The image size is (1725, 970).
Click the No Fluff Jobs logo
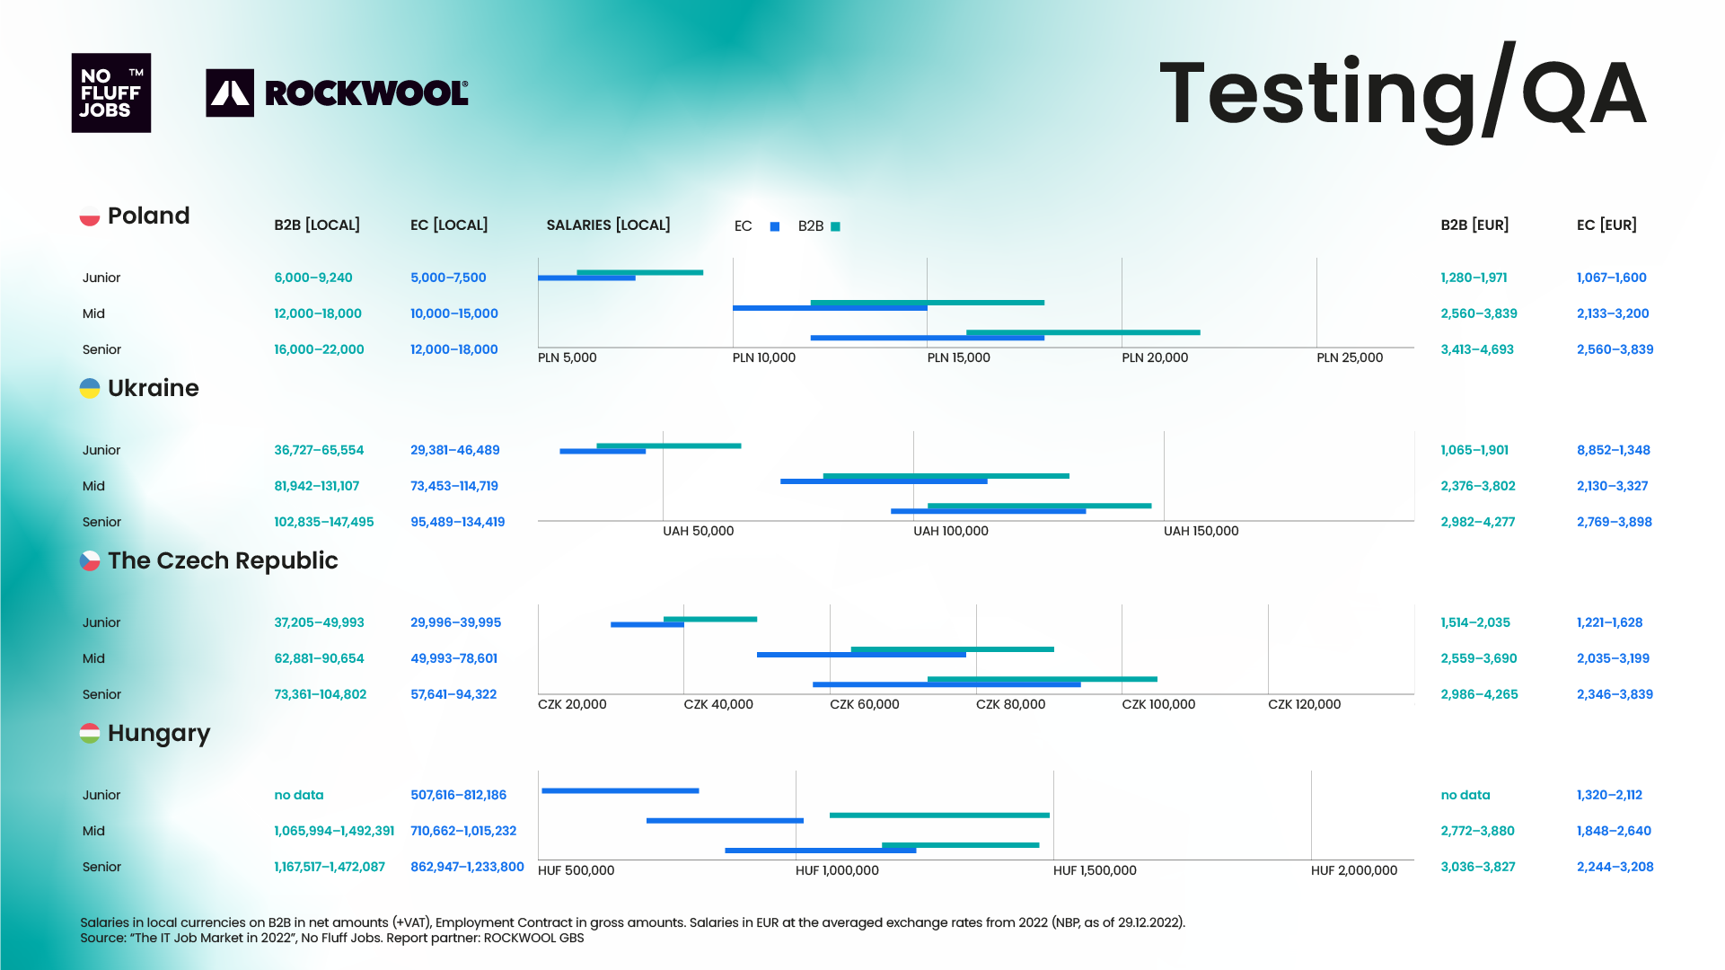[111, 93]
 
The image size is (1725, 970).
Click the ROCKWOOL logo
[338, 93]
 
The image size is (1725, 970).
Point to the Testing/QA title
[1403, 93]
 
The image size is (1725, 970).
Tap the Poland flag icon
[90, 216]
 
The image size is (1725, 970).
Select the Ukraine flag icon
[90, 388]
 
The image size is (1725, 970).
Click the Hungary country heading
[158, 733]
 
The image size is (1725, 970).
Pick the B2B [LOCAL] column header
[317, 225]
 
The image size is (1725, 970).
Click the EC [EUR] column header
[1606, 225]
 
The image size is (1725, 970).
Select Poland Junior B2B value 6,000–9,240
[313, 278]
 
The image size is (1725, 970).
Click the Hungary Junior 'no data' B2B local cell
[299, 795]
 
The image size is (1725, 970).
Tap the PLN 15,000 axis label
[958, 357]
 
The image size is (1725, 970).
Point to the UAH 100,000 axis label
[950, 531]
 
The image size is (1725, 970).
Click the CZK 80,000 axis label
[1010, 704]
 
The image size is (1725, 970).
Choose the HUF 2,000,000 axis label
[1353, 870]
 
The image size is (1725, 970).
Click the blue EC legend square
[775, 226]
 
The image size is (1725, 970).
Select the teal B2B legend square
[836, 226]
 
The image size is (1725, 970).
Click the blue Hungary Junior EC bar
[620, 790]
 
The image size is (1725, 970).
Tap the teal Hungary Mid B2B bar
[939, 815]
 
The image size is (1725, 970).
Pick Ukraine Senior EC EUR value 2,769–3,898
[1614, 522]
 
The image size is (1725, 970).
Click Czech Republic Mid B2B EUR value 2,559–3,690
[1478, 658]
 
